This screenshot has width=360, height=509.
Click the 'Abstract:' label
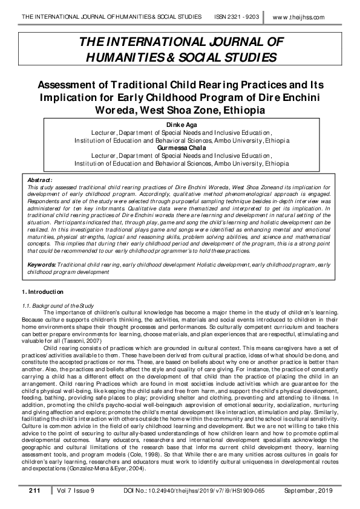pyautogui.click(x=41, y=180)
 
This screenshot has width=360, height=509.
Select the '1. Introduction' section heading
pyautogui.click(x=43, y=293)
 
